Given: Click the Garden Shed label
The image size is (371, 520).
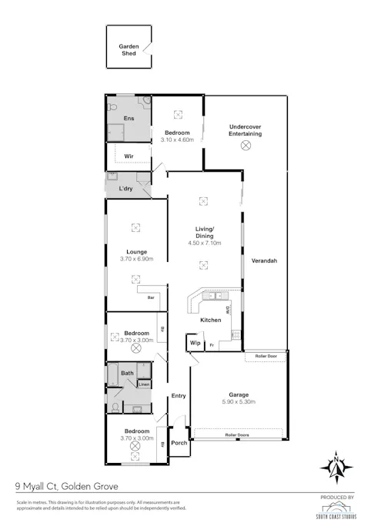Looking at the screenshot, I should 128,50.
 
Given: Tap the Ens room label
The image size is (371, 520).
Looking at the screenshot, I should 129,119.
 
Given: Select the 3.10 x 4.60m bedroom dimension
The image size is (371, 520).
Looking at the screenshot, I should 178,139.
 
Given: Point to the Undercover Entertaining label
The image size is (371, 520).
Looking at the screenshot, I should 246,130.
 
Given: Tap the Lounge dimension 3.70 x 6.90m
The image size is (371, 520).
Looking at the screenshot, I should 137,259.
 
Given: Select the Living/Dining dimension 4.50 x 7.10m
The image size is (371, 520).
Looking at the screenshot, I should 204,243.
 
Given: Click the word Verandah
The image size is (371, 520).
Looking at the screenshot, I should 264,261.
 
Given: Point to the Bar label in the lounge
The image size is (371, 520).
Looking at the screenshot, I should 152,297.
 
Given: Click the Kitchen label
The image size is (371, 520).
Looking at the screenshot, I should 211,320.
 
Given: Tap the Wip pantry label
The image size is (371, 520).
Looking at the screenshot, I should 195,343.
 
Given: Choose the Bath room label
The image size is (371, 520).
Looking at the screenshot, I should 127,374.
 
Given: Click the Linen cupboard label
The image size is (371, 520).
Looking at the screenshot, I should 144,384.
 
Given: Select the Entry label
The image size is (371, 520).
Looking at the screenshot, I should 179,396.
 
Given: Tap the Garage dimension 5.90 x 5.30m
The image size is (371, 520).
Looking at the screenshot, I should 239,402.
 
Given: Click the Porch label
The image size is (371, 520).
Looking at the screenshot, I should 179,443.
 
